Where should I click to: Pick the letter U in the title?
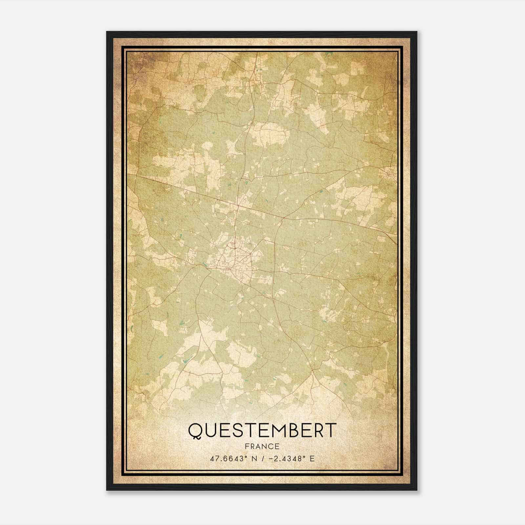210,430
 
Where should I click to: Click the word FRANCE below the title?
262,446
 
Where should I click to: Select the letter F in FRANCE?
246,446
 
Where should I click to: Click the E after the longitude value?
312,458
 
